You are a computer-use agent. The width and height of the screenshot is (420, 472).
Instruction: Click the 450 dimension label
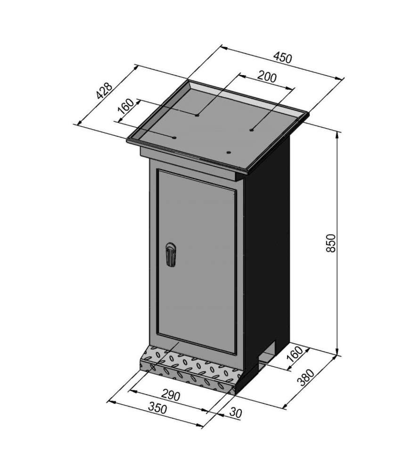pyautogui.click(x=282, y=58)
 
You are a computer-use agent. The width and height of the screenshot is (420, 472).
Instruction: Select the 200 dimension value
pyautogui.click(x=267, y=77)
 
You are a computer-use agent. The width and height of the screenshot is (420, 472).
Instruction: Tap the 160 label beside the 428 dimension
pyautogui.click(x=126, y=106)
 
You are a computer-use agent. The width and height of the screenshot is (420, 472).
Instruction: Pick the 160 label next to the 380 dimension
pyautogui.click(x=295, y=354)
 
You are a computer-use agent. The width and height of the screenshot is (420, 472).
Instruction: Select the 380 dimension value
pyautogui.click(x=305, y=377)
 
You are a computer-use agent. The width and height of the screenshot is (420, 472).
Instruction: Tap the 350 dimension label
pyautogui.click(x=157, y=408)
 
